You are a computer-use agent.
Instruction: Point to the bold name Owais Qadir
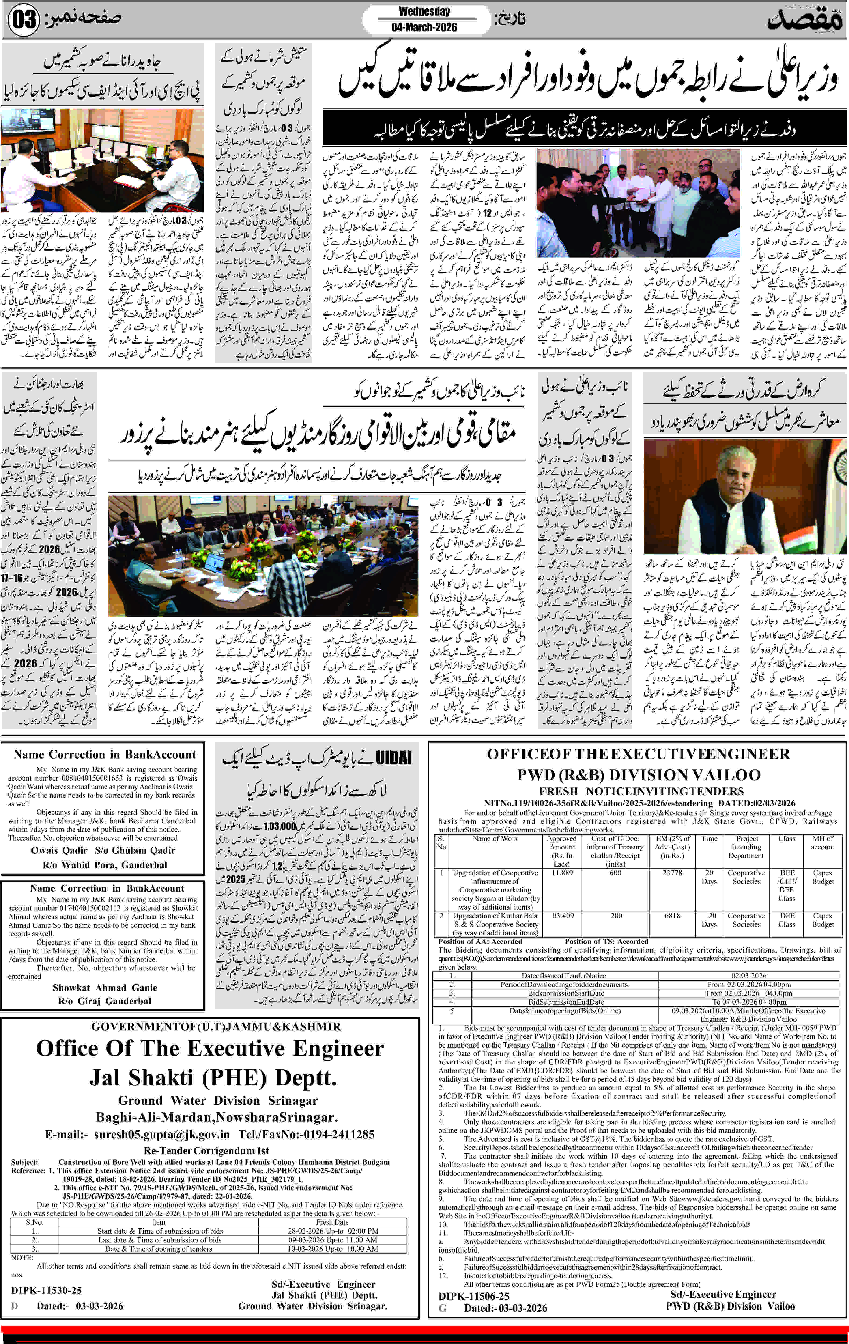click(x=59, y=850)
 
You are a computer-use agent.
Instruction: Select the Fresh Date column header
click(x=332, y=1222)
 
